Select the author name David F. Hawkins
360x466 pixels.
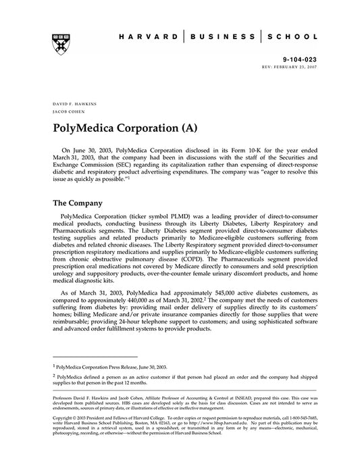[x=74, y=104]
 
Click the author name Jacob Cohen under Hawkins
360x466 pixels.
[x=67, y=111]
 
